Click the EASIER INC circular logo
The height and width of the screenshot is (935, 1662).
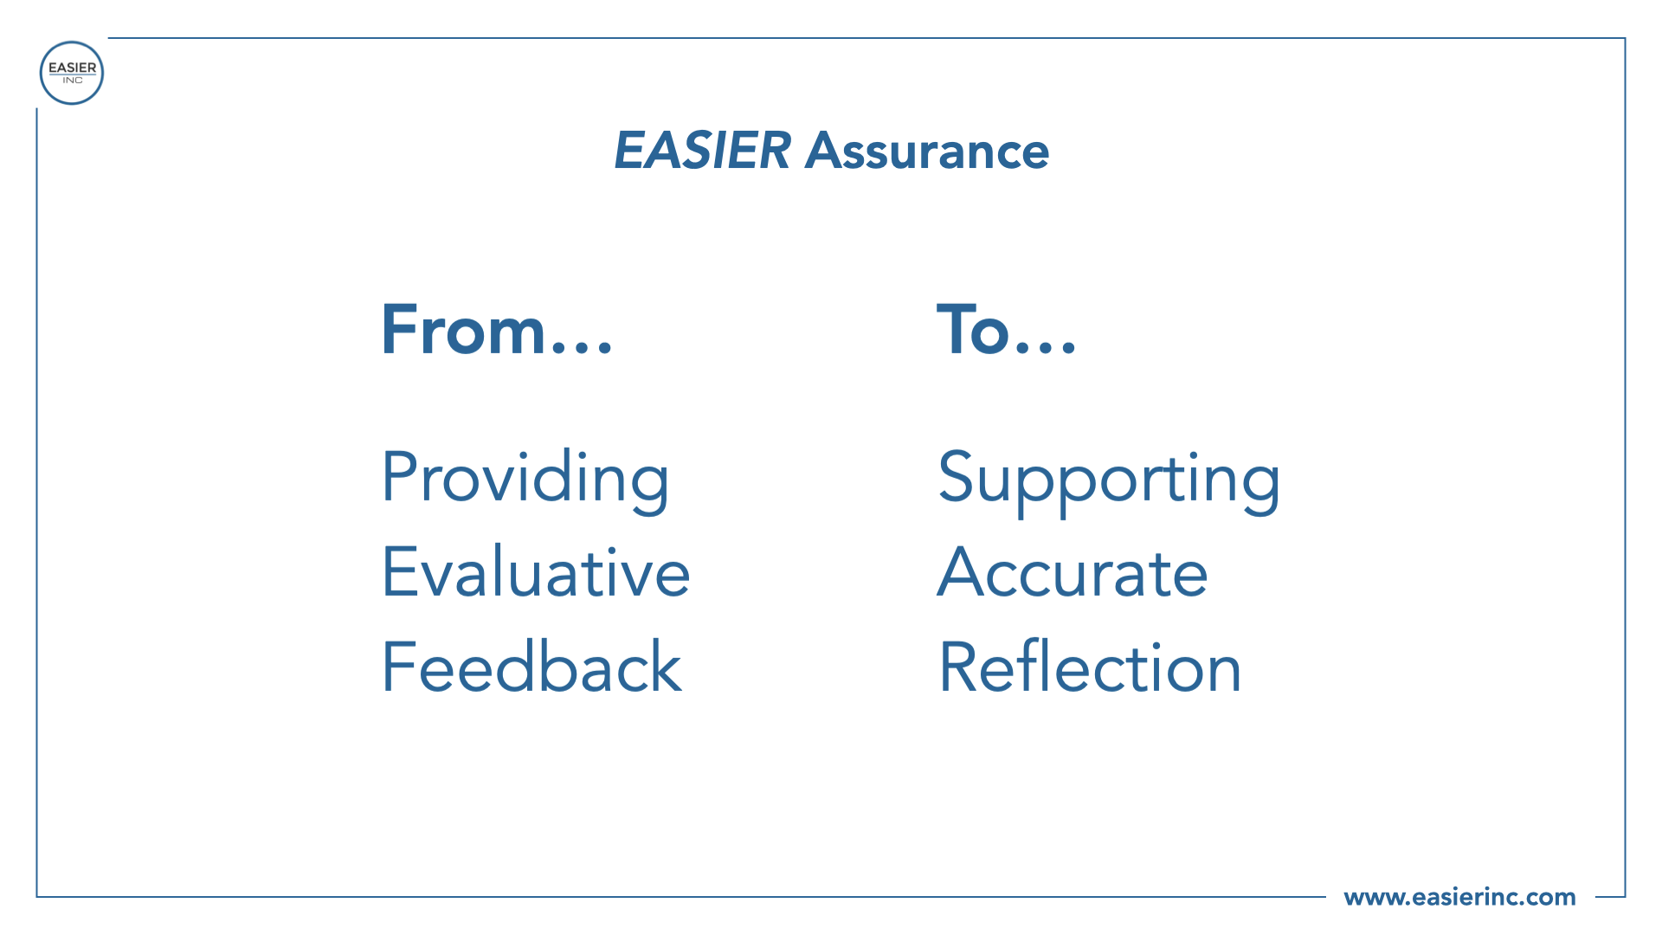pyautogui.click(x=72, y=73)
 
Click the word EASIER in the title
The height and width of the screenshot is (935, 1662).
pyautogui.click(x=702, y=151)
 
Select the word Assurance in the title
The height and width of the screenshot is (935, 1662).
pyautogui.click(x=927, y=151)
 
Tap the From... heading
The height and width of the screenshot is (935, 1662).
pyautogui.click(x=497, y=329)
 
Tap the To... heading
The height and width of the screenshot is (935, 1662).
pyautogui.click(x=1007, y=329)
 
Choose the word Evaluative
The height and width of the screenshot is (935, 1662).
pyautogui.click(x=536, y=571)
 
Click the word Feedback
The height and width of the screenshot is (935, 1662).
pyautogui.click(x=532, y=666)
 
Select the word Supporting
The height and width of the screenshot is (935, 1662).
pyautogui.click(x=1109, y=480)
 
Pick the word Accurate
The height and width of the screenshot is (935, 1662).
pyautogui.click(x=1073, y=571)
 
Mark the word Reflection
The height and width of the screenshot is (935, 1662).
pyautogui.click(x=1091, y=666)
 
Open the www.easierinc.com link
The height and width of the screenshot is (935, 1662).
pyautogui.click(x=1459, y=897)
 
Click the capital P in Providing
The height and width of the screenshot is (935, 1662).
pyautogui.click(x=401, y=476)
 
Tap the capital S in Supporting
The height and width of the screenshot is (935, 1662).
pyautogui.click(x=957, y=476)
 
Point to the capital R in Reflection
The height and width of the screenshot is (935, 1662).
pyautogui.click(x=960, y=666)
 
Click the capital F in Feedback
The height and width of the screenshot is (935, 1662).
pyautogui.click(x=398, y=666)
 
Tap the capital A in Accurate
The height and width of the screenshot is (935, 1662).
pyautogui.click(x=963, y=571)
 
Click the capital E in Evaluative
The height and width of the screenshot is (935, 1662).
pyautogui.click(x=400, y=571)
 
